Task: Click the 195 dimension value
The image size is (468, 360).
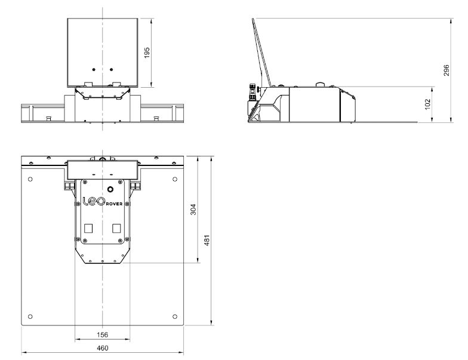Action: (147, 53)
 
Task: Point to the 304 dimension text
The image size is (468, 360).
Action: (193, 209)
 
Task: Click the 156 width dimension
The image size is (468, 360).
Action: (103, 335)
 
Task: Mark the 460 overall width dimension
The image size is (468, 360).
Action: (103, 348)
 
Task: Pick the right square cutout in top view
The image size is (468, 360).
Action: (116, 228)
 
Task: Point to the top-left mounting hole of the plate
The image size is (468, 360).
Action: (30, 179)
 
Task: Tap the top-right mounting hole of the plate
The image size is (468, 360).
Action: (174, 179)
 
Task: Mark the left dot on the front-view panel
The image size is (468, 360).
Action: (93, 69)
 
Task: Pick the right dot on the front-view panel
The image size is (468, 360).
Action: (112, 69)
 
